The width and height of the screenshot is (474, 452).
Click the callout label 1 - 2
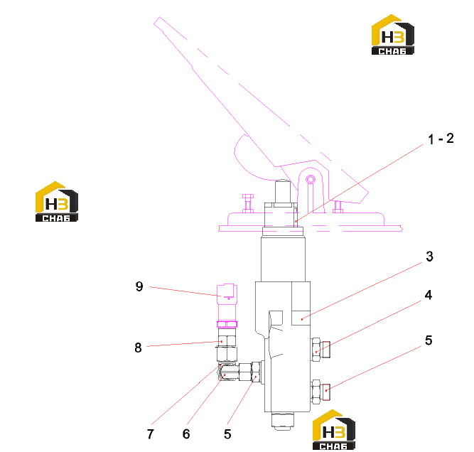[x=441, y=139]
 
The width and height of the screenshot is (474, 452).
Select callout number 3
[x=429, y=257]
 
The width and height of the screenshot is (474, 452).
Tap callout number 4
[x=429, y=295]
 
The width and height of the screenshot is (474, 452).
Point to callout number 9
[x=139, y=286]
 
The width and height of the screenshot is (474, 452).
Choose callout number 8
[x=138, y=348]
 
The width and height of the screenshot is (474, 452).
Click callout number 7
[x=150, y=434]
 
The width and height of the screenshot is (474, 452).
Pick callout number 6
[x=186, y=434]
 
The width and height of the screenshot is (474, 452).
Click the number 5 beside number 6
[x=227, y=434]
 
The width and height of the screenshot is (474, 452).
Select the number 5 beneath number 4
[x=429, y=340]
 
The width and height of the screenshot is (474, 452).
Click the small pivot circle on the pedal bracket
[x=311, y=180]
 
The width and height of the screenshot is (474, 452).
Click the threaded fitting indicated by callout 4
[x=321, y=350]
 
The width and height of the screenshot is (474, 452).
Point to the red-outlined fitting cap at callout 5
[x=326, y=392]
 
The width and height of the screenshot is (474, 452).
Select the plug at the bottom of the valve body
[x=282, y=421]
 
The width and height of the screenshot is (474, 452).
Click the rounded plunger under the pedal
[x=283, y=191]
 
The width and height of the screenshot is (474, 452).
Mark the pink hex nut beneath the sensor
[x=227, y=324]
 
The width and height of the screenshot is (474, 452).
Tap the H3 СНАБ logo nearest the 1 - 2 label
[x=393, y=34]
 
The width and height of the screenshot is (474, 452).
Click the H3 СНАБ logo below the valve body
[x=334, y=430]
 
